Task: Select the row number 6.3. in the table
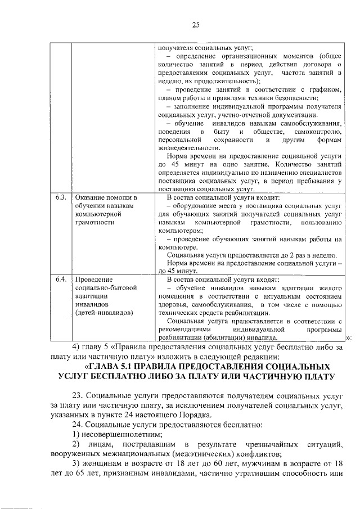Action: coord(61,197)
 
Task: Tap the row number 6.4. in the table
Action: coord(61,279)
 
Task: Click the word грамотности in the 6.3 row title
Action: coord(94,222)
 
